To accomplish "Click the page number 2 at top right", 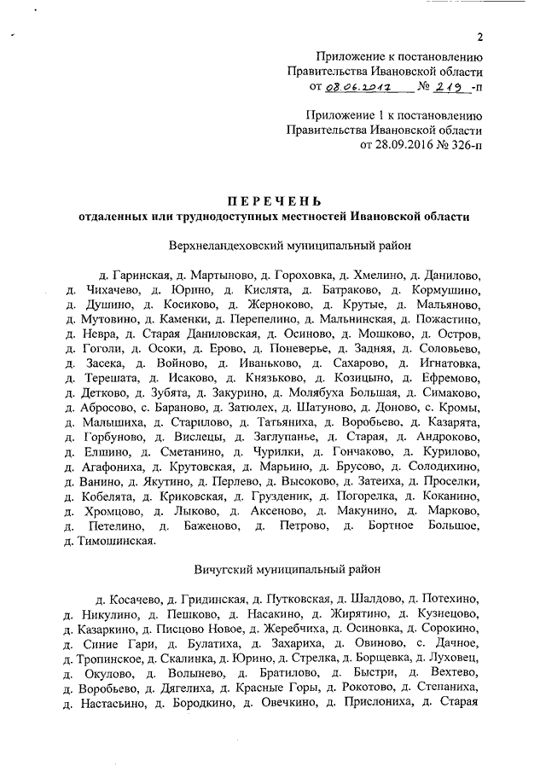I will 480,36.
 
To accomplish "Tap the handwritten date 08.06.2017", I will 357,88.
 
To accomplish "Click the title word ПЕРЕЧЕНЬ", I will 273,200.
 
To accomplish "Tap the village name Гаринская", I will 139,277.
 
